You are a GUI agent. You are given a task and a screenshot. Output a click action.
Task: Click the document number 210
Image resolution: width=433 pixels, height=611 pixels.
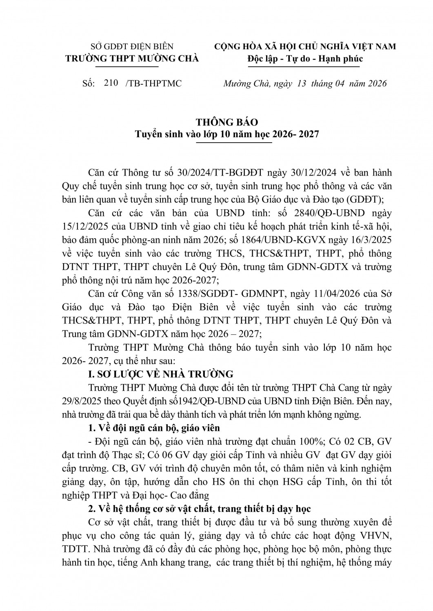111,83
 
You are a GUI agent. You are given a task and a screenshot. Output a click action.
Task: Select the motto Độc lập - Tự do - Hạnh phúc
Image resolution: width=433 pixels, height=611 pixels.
305,59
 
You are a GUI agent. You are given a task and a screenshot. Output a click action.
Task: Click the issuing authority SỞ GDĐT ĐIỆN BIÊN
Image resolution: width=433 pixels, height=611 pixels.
132,46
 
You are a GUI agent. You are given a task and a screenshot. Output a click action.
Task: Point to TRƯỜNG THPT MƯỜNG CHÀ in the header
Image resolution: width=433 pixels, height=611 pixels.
132,59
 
